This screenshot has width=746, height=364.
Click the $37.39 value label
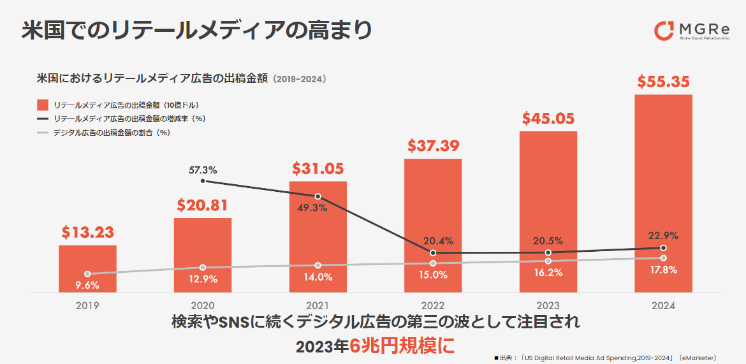[x=433, y=147]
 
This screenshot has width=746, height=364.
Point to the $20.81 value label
[x=202, y=205]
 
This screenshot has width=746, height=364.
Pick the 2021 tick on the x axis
[x=318, y=305]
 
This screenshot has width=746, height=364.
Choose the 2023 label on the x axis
[x=548, y=305]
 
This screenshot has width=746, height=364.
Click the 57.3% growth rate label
[x=203, y=170]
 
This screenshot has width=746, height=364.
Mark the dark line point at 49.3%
[x=318, y=196]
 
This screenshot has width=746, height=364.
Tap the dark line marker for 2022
[x=433, y=253]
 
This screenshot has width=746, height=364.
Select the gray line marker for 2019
[x=87, y=274]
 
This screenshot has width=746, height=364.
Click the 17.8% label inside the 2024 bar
[x=663, y=270]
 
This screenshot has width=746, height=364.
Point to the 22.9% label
[x=664, y=236]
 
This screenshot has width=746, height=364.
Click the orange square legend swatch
[x=43, y=105]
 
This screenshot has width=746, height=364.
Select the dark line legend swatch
[x=43, y=119]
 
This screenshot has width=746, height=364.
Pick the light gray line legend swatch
[x=43, y=133]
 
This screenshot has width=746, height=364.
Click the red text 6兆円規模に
[x=402, y=346]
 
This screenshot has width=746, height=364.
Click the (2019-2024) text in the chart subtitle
[x=300, y=80]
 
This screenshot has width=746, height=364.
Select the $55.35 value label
[x=663, y=82]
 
